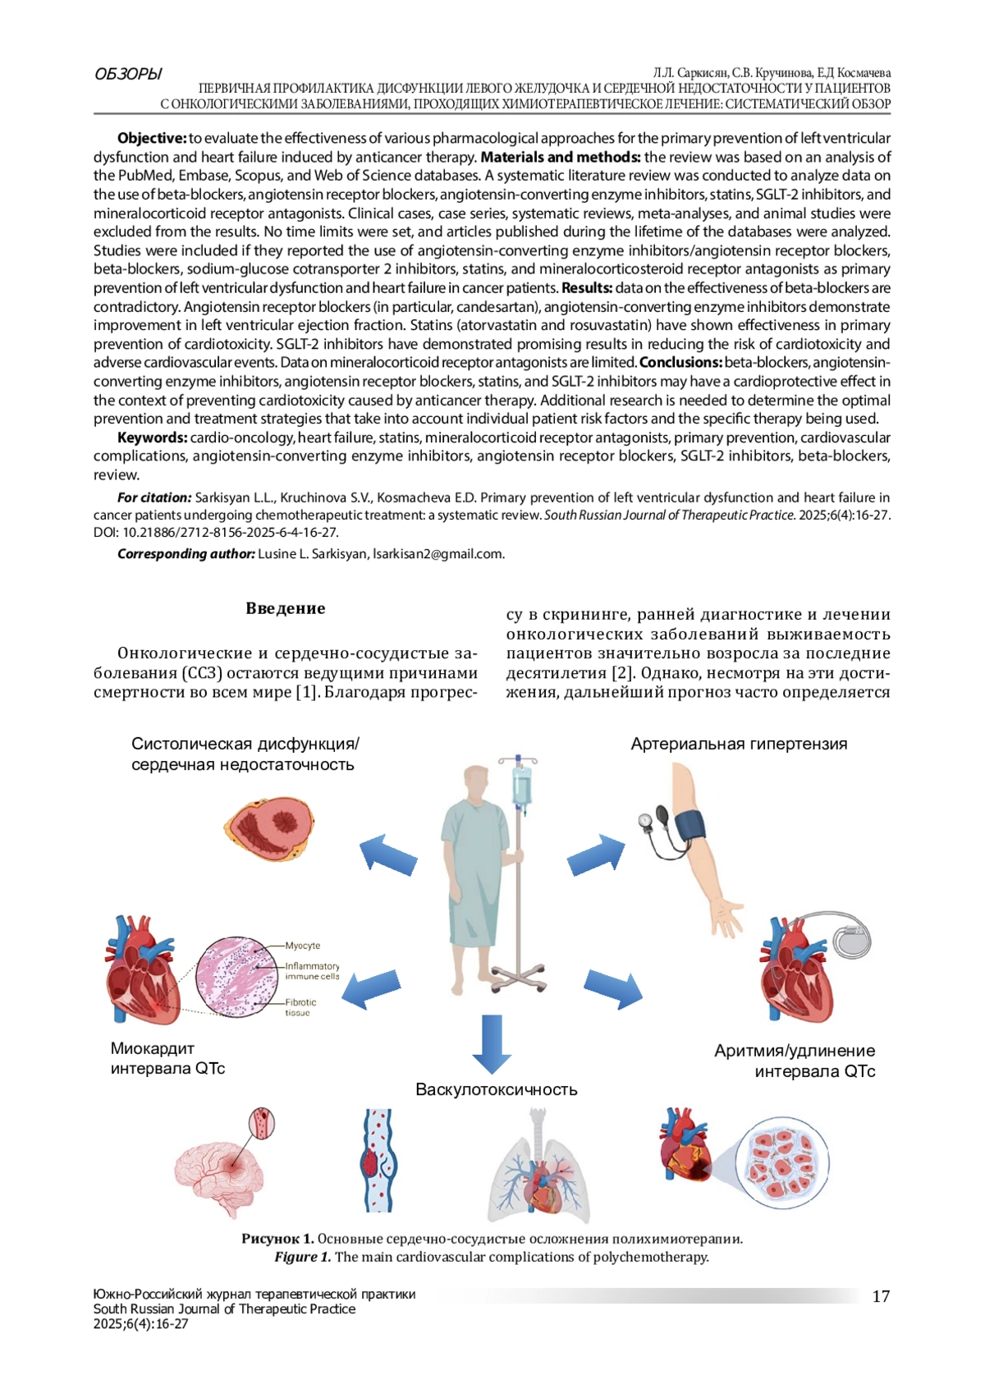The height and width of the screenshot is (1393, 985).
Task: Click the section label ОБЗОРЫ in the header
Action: pos(128,74)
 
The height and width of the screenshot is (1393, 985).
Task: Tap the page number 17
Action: pos(880,1296)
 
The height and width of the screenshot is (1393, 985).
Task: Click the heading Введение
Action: pos(285,608)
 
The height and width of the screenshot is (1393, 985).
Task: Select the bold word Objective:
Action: pos(152,138)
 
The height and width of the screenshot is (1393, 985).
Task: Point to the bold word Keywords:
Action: pos(152,438)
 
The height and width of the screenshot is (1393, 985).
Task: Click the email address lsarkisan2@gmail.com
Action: pos(438,553)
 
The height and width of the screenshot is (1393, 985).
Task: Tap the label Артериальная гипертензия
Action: pos(739,744)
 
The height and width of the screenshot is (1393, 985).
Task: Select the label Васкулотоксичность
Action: pos(496,1089)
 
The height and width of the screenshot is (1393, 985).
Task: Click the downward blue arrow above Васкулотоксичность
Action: pos(492,1043)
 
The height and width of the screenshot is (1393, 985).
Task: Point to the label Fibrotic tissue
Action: pos(300,1007)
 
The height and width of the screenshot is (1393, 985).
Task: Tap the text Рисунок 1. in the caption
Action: pos(277,1239)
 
